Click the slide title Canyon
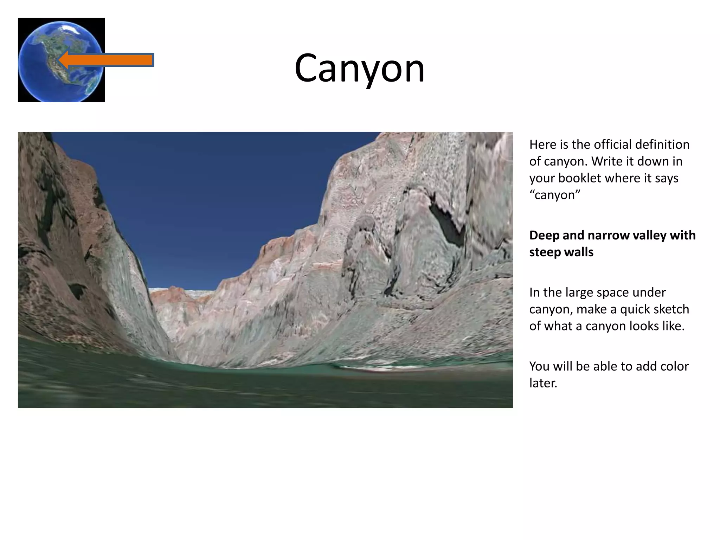coord(359,68)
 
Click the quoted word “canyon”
coord(555,195)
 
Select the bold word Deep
coord(544,235)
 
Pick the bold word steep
coord(545,252)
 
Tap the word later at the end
coord(543,383)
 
